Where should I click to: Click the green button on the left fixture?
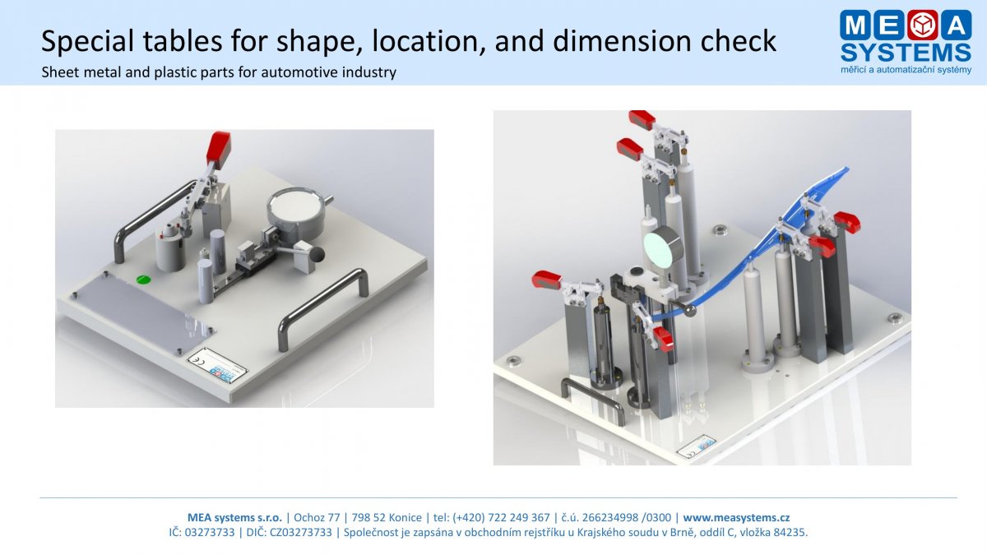pyautogui.click(x=144, y=280)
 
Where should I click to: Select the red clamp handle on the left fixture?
pyautogui.click(x=219, y=149)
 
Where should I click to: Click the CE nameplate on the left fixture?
pyautogui.click(x=218, y=361)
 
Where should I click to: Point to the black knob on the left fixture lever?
pyautogui.click(x=317, y=254)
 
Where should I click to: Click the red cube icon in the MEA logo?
pyautogui.click(x=923, y=25)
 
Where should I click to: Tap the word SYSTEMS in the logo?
pyautogui.click(x=906, y=53)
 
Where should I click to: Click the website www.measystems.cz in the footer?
pyautogui.click(x=736, y=517)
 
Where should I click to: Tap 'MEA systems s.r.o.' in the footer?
pyautogui.click(x=235, y=517)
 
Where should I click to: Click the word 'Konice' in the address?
pyautogui.click(x=405, y=517)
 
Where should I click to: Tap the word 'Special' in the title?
pyautogui.click(x=87, y=40)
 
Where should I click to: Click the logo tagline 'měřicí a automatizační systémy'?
pyautogui.click(x=906, y=70)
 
